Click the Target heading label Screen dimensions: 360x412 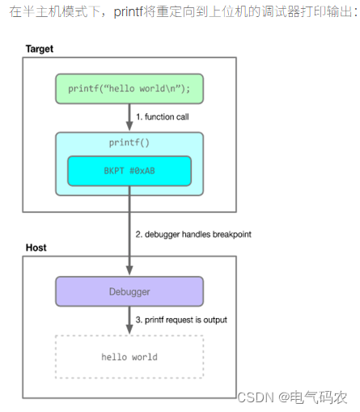click(40, 49)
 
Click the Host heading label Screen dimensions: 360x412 click(36, 248)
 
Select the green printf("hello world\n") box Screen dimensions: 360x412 click(129, 89)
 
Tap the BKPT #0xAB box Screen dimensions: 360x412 click(129, 171)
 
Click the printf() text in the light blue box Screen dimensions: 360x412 click(129, 142)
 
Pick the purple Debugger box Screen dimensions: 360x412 click(129, 291)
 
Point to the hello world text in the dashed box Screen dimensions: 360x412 click(129, 357)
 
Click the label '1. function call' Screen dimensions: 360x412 click(163, 117)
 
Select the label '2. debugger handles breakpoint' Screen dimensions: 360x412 click(193, 234)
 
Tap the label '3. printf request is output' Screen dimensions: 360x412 click(181, 320)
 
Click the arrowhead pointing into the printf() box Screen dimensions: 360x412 click(129, 126)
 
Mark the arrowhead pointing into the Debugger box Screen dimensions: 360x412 click(129, 270)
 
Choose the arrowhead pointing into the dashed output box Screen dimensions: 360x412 click(129, 329)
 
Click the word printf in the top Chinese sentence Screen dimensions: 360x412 click(129, 11)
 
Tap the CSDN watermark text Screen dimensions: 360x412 click(256, 397)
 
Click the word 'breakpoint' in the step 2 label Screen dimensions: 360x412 click(232, 234)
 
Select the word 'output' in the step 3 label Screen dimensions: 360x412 click(215, 320)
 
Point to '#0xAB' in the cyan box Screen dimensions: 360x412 click(142, 171)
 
